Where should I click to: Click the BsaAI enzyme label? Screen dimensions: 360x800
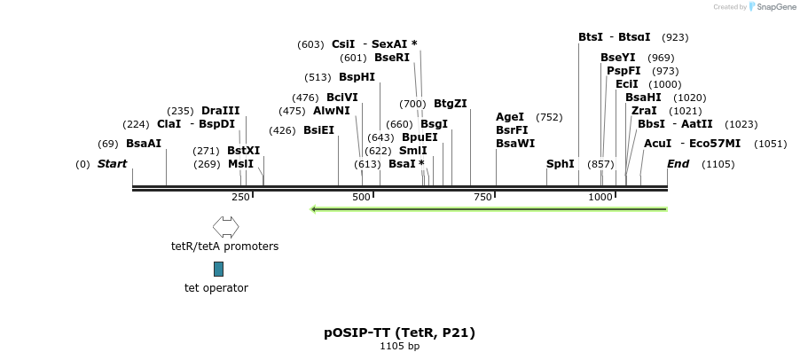coord(144,144)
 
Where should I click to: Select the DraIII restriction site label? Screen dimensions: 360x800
coord(221,111)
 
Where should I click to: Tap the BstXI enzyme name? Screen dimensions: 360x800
coord(244,151)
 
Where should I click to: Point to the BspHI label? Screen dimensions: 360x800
coord(357,77)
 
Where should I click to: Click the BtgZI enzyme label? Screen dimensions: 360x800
coord(451,104)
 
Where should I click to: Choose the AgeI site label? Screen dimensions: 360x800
coord(510,117)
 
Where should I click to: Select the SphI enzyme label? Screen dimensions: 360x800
coord(561,164)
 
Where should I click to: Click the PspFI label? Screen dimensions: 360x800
coord(624,71)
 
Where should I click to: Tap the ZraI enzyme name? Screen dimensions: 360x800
coord(644,111)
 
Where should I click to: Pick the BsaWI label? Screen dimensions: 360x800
coord(515,144)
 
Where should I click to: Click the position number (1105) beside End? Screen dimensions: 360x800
coord(718,164)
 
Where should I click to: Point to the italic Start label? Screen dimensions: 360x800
coord(112,164)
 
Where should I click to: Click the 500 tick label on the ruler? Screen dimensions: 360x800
coord(362,197)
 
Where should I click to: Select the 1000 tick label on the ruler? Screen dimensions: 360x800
coord(600,197)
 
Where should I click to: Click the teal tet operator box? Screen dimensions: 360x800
coord(218,269)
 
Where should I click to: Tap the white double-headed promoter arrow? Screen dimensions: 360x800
coord(225,227)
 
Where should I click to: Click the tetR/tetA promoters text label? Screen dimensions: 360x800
coord(224,247)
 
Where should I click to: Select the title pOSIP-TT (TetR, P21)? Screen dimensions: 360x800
coord(399,333)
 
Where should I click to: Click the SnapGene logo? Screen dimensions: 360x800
coord(773,7)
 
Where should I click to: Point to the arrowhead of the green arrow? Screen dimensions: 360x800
coord(314,209)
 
